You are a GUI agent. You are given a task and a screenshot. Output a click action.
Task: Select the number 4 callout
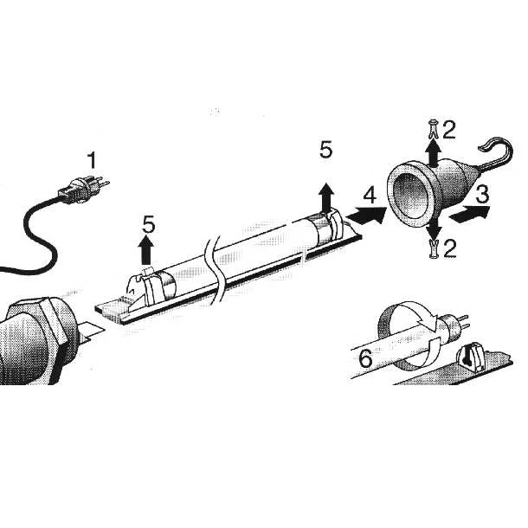click(370, 196)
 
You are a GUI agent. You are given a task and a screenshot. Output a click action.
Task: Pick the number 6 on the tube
click(365, 358)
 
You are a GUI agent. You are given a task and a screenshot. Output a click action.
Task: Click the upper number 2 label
click(448, 130)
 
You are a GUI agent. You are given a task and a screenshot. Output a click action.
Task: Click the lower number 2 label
click(449, 248)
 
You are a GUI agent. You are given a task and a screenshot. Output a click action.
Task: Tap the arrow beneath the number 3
click(470, 214)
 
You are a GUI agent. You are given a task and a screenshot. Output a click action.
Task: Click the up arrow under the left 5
click(145, 249)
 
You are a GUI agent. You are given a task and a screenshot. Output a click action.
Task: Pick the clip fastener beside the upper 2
click(433, 129)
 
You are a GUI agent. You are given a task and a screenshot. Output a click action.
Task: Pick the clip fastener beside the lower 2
click(435, 249)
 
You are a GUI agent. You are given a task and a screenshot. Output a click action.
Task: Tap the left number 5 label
click(149, 224)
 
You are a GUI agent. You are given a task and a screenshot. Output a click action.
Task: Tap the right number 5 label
click(326, 150)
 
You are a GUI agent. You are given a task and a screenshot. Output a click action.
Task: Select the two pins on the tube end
click(463, 323)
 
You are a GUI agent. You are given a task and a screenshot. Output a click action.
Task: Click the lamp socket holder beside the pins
click(471, 357)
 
